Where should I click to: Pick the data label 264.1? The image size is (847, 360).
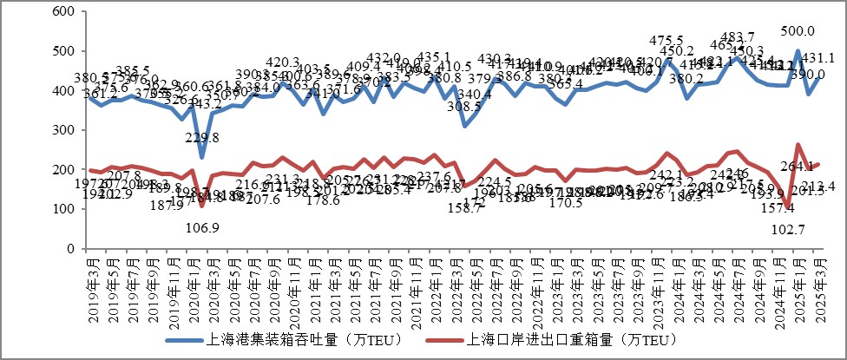[798, 166]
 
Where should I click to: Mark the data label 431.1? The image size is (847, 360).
[819, 58]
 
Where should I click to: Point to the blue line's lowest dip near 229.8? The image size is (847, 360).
[201, 157]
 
